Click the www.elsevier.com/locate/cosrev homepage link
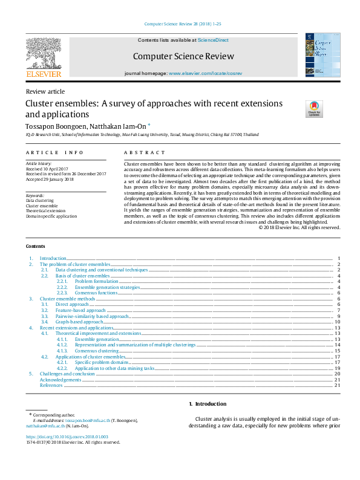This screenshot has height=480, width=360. point(208,73)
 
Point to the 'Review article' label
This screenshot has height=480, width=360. point(45,91)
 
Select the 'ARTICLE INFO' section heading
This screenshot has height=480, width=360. point(54,153)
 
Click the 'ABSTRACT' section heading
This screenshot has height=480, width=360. point(145,153)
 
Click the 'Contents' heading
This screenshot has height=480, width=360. point(35,264)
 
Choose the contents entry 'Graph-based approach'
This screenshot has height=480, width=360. point(79,322)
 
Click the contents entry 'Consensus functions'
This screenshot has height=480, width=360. point(96,293)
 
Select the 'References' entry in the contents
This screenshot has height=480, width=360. point(51,385)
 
